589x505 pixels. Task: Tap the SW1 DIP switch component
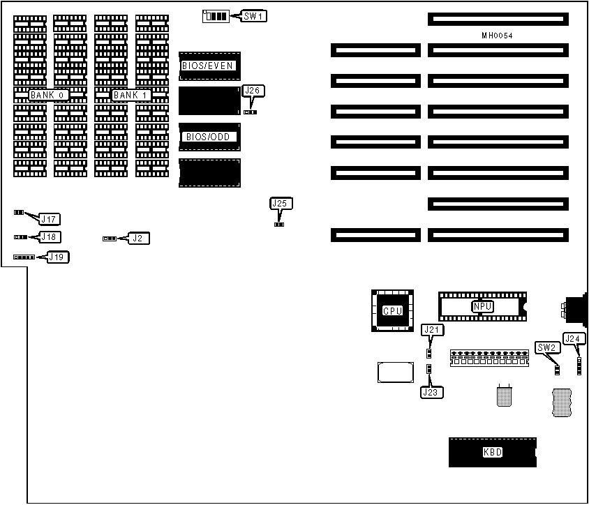pyautogui.click(x=214, y=15)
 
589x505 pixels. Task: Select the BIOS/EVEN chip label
pyautogui.click(x=207, y=66)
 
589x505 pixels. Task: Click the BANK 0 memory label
pyautogui.click(x=48, y=95)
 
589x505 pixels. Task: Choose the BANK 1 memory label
pyautogui.click(x=132, y=95)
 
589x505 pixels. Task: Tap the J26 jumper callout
pyautogui.click(x=253, y=91)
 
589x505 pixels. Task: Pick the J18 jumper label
pyautogui.click(x=50, y=237)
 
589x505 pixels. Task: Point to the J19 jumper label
pyautogui.click(x=58, y=257)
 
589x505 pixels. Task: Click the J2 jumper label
pyautogui.click(x=140, y=239)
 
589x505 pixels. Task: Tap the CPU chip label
pyautogui.click(x=392, y=310)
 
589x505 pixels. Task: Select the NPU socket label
pyautogui.click(x=482, y=306)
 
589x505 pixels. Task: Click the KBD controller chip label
pyautogui.click(x=492, y=453)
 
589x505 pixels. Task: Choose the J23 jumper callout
pyautogui.click(x=432, y=392)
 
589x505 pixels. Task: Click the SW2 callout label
pyautogui.click(x=546, y=347)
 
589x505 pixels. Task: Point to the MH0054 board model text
pyautogui.click(x=498, y=35)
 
